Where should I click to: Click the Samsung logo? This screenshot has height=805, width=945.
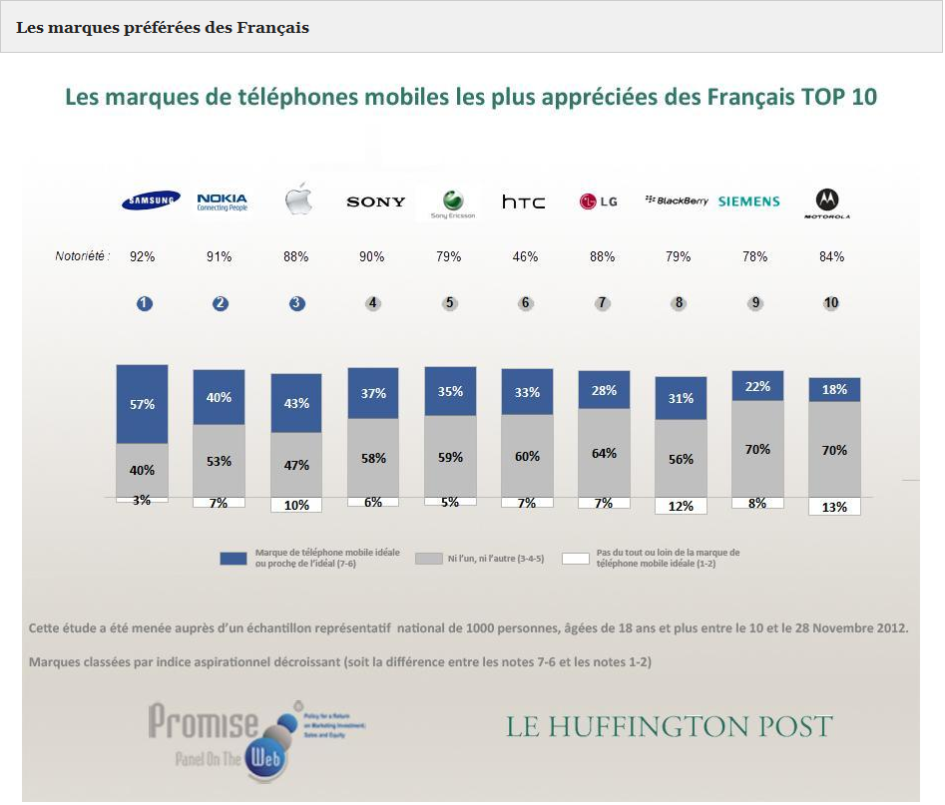pyautogui.click(x=151, y=201)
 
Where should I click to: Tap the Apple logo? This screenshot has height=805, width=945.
pyautogui.click(x=298, y=200)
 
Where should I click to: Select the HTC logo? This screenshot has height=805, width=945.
pyautogui.click(x=523, y=201)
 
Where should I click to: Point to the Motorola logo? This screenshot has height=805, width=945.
pyautogui.click(x=827, y=203)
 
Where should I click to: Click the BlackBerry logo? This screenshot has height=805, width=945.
pyautogui.click(x=677, y=201)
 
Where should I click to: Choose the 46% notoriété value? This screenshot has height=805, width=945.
pyautogui.click(x=525, y=256)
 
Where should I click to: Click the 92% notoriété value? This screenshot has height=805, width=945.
pyautogui.click(x=143, y=256)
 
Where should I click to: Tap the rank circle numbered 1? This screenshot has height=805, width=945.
pyautogui.click(x=145, y=303)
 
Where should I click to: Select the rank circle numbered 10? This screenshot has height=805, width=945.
pyautogui.click(x=831, y=303)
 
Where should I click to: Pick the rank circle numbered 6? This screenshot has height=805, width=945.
pyautogui.click(x=525, y=303)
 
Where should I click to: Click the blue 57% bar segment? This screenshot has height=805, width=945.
pyautogui.click(x=142, y=404)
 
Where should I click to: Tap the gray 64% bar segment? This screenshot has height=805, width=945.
pyautogui.click(x=604, y=452)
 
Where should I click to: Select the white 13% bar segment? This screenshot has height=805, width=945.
pyautogui.click(x=834, y=506)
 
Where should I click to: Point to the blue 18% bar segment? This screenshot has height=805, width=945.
pyautogui.click(x=834, y=389)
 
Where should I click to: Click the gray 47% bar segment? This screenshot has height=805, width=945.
pyautogui.click(x=296, y=465)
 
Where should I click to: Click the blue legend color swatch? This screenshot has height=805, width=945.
pyautogui.click(x=233, y=559)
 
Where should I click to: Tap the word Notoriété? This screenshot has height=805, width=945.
pyautogui.click(x=82, y=257)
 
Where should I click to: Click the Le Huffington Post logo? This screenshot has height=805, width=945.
pyautogui.click(x=669, y=726)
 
